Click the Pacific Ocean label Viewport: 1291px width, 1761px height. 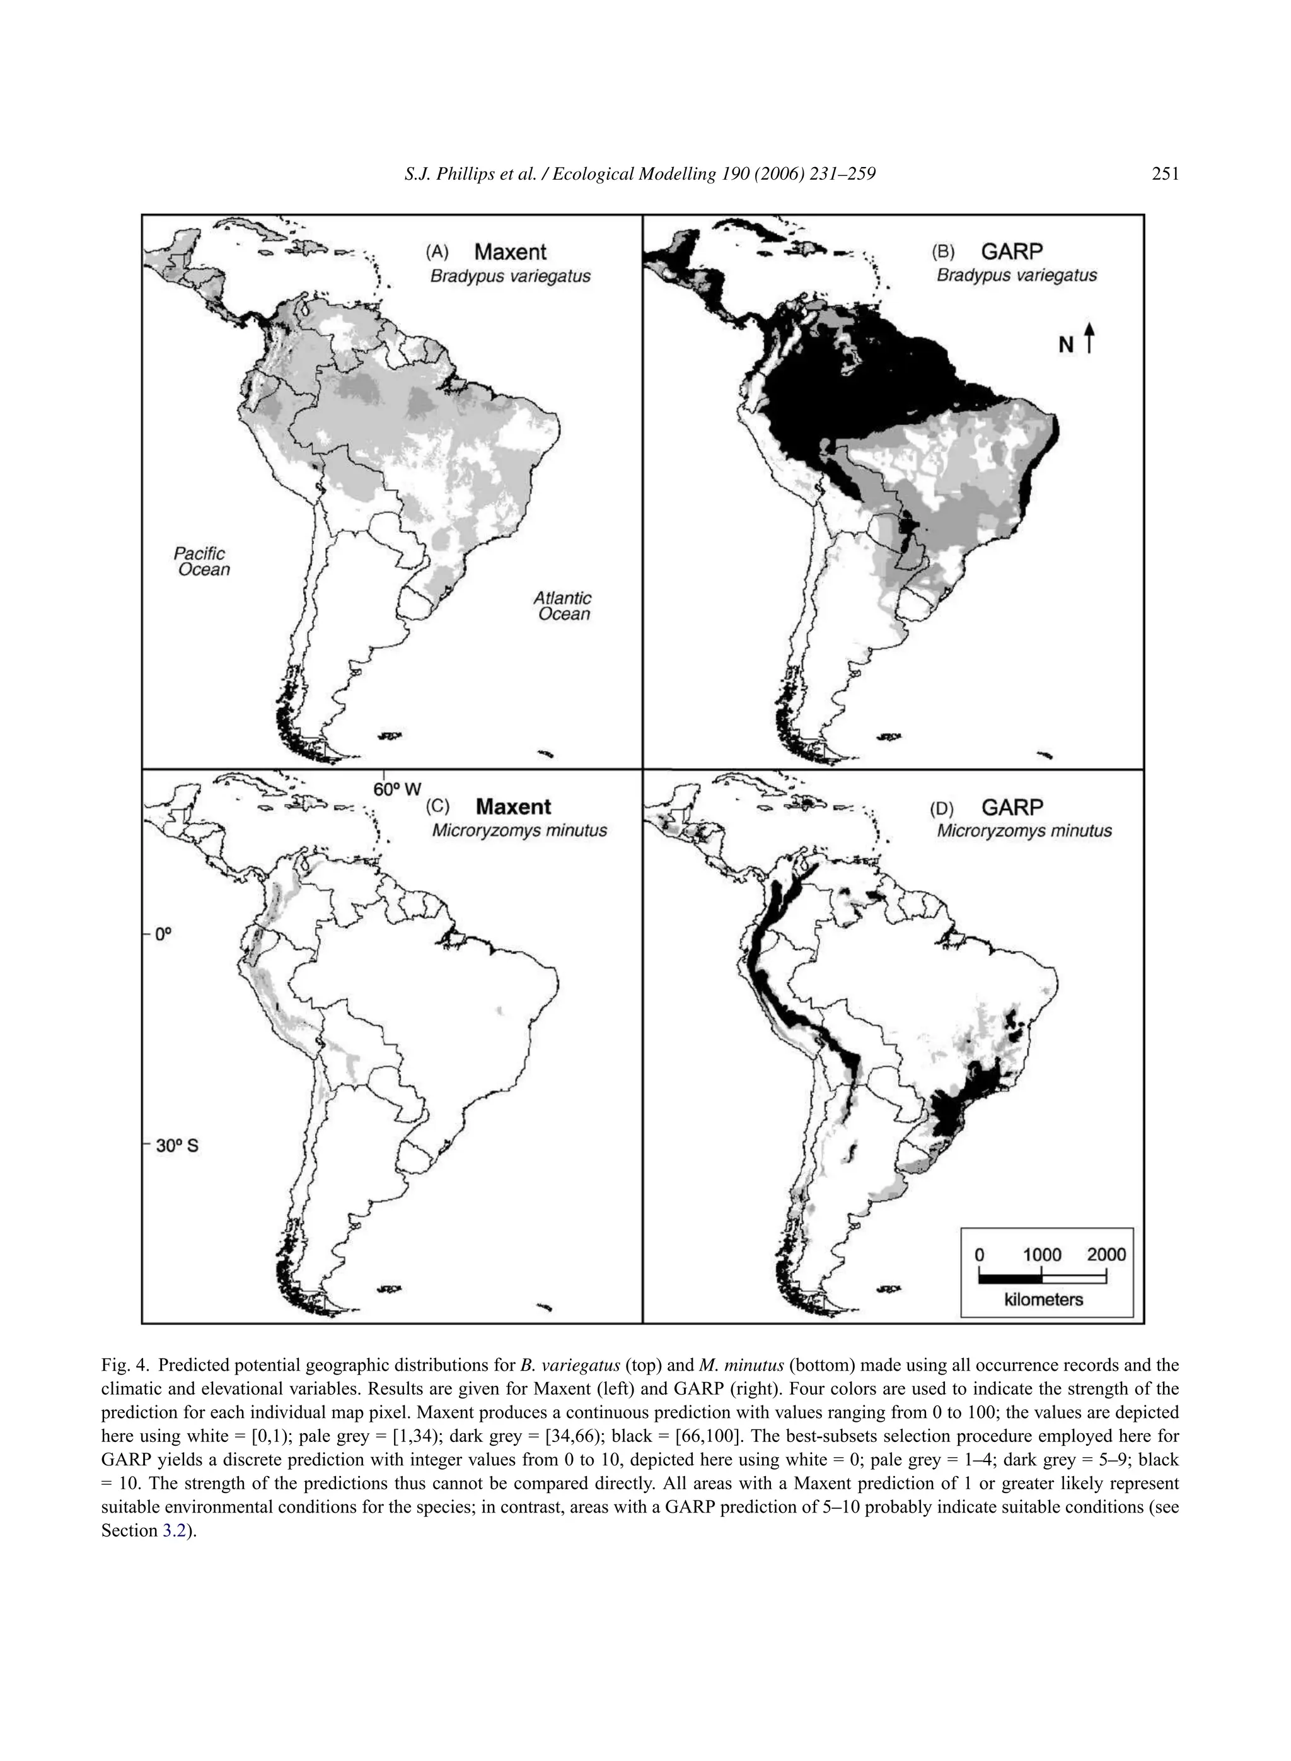pos(203,561)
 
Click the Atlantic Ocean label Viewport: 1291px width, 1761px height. pos(563,606)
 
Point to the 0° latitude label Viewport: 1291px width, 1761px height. pos(163,933)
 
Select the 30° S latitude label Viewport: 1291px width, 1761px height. pos(177,1146)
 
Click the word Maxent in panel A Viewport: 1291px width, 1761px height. pos(511,252)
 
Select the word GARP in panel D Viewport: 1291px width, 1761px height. pos(1012,806)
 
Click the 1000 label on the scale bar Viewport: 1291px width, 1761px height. pos(1042,1255)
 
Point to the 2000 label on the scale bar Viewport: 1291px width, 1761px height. pos(1106,1255)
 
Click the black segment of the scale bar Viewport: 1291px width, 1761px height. pos(1010,1279)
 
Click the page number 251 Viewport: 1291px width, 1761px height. pos(1164,174)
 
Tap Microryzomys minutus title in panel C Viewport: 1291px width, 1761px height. pos(519,830)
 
